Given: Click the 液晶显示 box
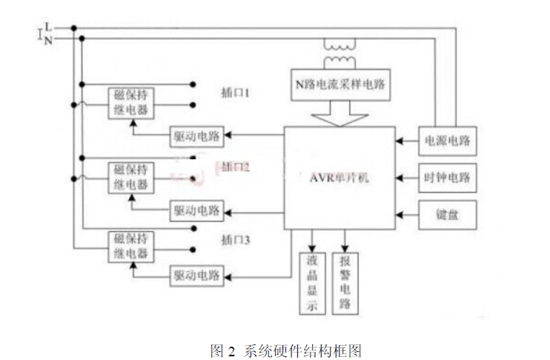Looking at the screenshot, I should click(311, 283).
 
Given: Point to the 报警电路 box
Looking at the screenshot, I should click(345, 283).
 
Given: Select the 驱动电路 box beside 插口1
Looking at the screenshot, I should click(197, 135).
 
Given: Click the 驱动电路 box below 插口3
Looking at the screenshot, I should click(197, 275).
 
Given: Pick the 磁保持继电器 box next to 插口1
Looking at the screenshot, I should click(131, 103).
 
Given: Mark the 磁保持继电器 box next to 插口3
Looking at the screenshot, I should click(131, 247).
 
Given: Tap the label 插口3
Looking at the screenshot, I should click(236, 240).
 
